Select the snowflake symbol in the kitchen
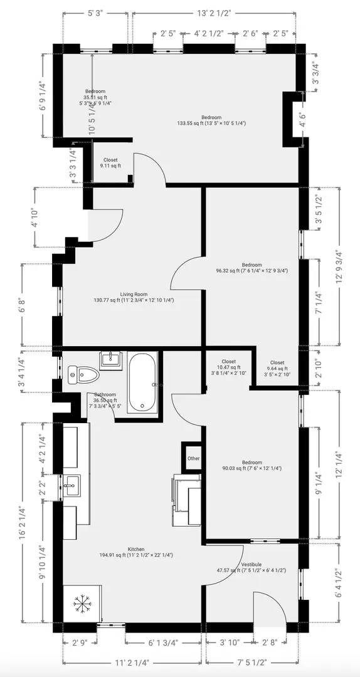pos(82,604)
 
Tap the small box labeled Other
pos(193,458)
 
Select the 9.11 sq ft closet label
pos(110,163)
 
